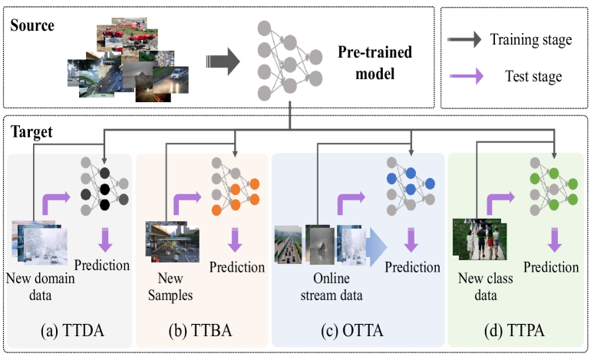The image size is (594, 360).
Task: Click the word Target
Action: coord(32,131)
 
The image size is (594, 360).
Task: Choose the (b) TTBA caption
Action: coord(201,334)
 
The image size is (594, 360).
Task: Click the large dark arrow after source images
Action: coord(221,62)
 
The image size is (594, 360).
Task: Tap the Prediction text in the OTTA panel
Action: coord(413,267)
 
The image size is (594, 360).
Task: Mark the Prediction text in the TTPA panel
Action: coord(551,266)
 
